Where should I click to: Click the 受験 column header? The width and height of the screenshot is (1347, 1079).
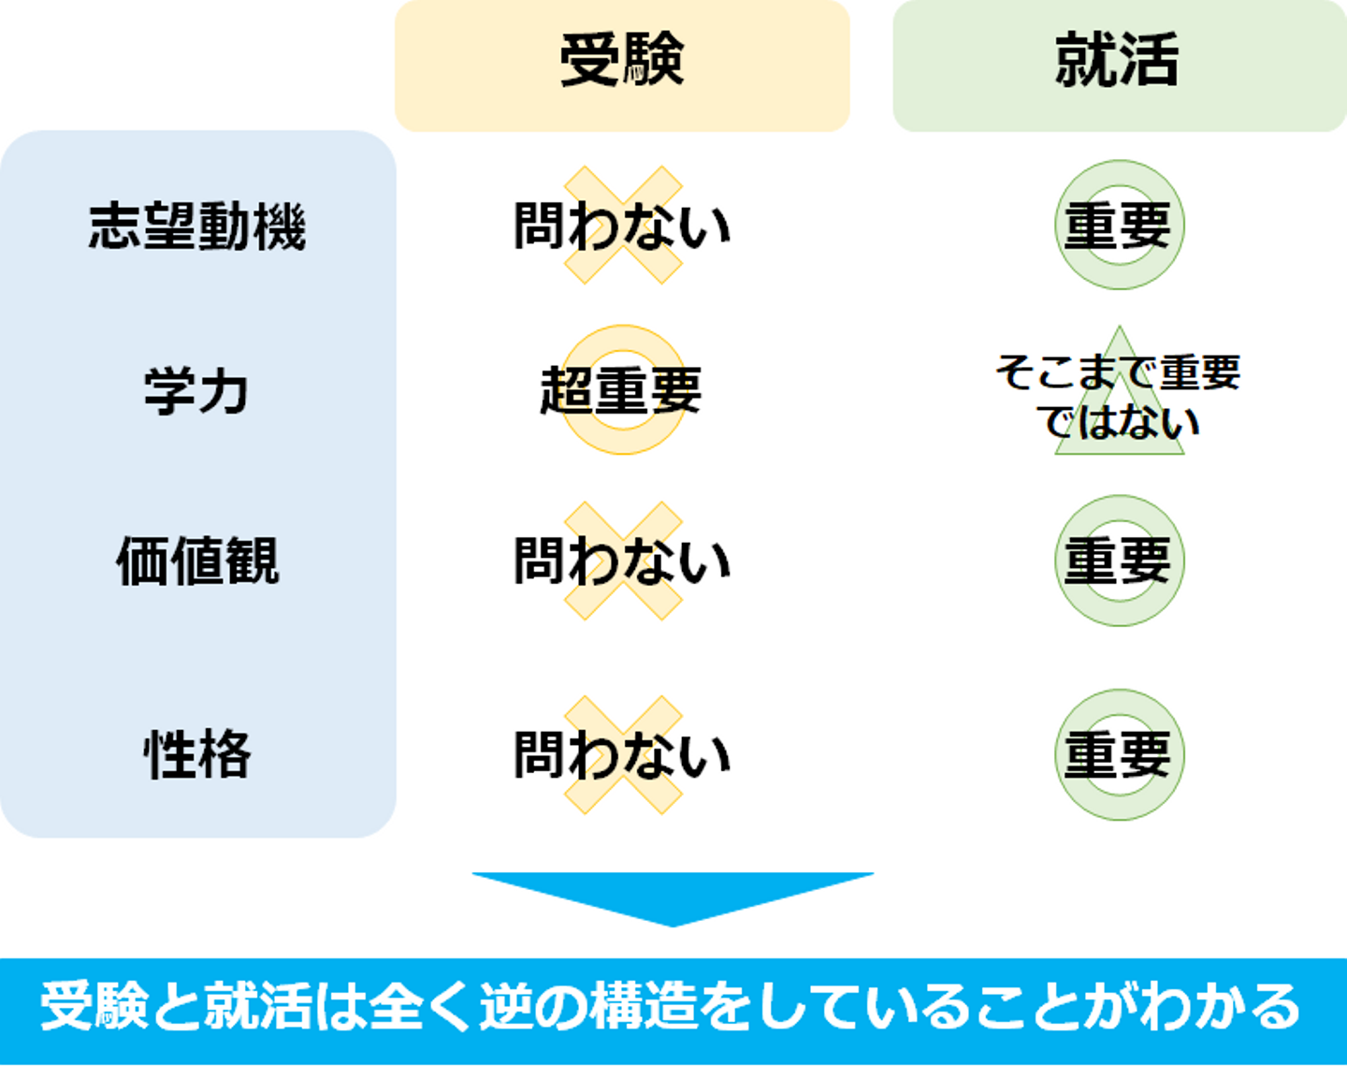click(622, 62)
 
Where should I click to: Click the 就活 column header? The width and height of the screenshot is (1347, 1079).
click(1118, 62)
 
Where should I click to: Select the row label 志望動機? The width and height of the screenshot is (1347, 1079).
click(197, 226)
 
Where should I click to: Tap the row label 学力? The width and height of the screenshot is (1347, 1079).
click(197, 391)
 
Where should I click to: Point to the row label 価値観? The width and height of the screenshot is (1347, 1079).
click(197, 561)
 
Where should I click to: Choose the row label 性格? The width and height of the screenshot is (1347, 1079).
click(197, 754)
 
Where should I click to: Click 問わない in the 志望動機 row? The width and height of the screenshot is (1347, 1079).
click(622, 226)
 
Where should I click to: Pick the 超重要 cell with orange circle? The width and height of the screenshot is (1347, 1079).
click(622, 390)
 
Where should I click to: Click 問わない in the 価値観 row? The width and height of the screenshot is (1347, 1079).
click(622, 561)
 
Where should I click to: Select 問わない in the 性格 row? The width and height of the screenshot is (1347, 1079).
click(622, 754)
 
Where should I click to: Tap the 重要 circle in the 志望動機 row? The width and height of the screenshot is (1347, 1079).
click(1119, 226)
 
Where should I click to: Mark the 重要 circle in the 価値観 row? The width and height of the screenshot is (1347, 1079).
click(1119, 561)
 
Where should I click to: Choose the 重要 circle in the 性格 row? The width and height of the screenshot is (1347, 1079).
click(1119, 754)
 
